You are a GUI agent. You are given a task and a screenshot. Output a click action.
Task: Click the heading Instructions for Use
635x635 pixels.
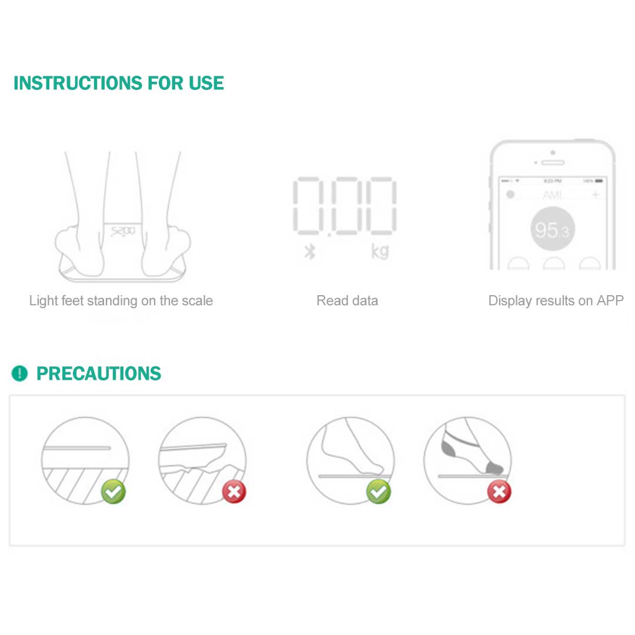tap(118, 83)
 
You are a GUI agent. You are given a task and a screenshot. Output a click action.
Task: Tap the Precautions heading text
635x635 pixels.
tap(99, 373)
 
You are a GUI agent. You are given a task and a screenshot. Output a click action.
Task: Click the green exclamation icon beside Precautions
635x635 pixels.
tap(19, 373)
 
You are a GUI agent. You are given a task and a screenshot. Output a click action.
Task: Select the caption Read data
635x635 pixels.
tap(347, 301)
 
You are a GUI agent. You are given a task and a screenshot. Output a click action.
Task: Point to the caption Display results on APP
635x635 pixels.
tap(556, 301)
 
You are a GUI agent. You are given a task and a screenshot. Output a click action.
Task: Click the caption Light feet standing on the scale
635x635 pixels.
tap(121, 301)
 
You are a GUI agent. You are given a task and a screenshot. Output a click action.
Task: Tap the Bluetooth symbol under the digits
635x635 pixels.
tap(310, 252)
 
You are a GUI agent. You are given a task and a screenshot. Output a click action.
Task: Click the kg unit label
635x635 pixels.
tap(380, 251)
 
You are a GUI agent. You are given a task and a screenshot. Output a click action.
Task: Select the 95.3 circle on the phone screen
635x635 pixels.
tap(552, 230)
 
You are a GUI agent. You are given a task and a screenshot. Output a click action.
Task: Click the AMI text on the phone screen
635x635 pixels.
tap(552, 195)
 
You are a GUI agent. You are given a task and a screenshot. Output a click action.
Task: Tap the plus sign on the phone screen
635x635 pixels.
tap(595, 195)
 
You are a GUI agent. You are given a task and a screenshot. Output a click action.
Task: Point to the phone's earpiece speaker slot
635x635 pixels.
tap(552, 162)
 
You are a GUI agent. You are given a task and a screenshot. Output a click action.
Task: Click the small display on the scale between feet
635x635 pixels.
tap(122, 231)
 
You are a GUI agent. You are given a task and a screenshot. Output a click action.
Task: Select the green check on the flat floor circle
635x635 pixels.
tap(113, 492)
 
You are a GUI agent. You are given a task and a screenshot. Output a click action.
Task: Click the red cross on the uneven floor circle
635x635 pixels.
tap(234, 492)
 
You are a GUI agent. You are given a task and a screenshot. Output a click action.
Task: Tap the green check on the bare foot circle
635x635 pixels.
tap(378, 492)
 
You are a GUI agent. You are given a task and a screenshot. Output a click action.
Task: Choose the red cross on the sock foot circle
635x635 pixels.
tap(499, 492)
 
